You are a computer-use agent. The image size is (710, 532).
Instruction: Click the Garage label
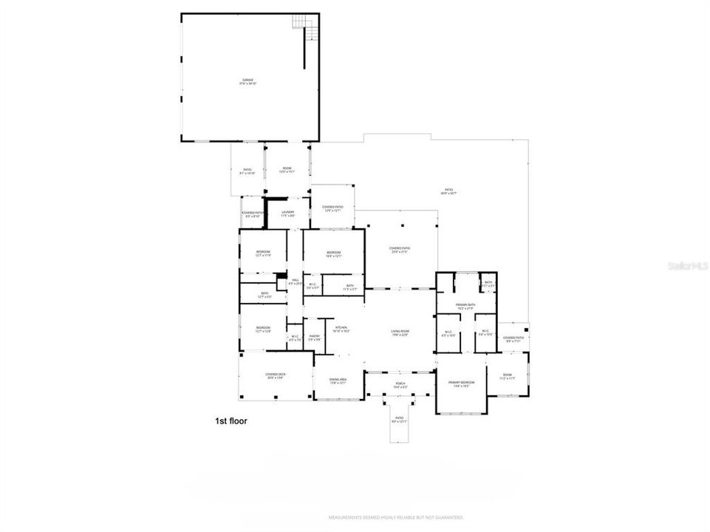pos(248,81)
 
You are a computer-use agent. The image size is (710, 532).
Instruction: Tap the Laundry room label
pos(287,214)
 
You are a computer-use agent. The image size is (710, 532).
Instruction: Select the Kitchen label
pos(341,330)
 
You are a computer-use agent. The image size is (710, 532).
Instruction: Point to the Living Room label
pos(400,332)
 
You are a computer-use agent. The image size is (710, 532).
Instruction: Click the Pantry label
pos(314,338)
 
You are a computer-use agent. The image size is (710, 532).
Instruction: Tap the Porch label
pos(400,385)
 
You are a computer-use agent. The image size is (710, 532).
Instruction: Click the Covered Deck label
pos(276,376)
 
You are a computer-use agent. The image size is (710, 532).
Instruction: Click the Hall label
pos(295,282)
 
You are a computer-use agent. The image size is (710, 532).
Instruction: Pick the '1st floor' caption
pos(231,421)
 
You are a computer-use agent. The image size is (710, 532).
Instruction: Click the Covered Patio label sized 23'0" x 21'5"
pos(400,250)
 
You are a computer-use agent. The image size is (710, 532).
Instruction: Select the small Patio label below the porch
pos(399,420)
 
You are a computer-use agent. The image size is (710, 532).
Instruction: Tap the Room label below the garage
pos(287,170)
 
